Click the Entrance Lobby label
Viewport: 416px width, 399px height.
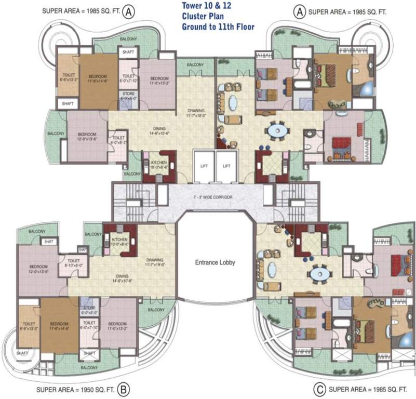pos(215,262)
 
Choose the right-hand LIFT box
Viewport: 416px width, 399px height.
pos(226,166)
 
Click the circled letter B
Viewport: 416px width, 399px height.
pos(123,388)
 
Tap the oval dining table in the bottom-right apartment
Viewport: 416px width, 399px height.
pos(318,273)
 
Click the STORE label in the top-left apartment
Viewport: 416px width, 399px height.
pos(128,95)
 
